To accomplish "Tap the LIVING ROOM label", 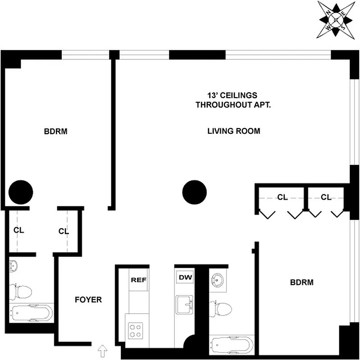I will click(x=233, y=131).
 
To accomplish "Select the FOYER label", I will click(x=88, y=300).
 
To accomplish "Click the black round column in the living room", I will click(x=194, y=192).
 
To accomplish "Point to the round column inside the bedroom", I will click(x=21, y=192).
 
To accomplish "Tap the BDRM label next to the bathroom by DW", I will click(x=301, y=283).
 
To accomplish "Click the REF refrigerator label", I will click(x=138, y=279).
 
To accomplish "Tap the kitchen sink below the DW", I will click(x=185, y=304).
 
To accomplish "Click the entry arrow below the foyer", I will click(x=102, y=349).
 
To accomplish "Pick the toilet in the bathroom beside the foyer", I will click(x=22, y=291).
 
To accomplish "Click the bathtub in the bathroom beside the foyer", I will click(x=31, y=312).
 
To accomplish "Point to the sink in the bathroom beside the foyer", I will click(x=14, y=266).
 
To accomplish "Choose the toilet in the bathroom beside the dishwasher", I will click(x=222, y=309).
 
